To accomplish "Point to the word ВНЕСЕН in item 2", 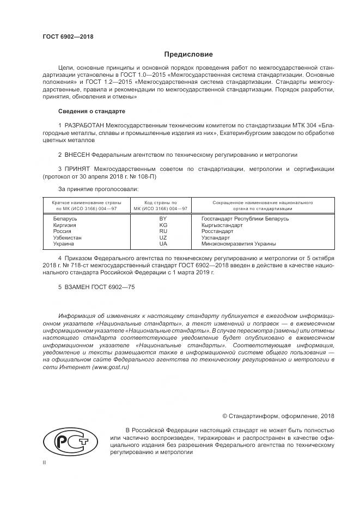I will pyautogui.click(x=76, y=155).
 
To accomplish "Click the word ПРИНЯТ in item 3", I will pyautogui.click(x=77, y=169).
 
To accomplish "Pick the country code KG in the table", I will pyautogui.click(x=163, y=225).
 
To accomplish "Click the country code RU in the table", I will pyautogui.click(x=163, y=231).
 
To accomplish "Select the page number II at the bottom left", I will pyautogui.click(x=44, y=463).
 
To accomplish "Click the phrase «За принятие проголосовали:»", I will pyautogui.click(x=98, y=189).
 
